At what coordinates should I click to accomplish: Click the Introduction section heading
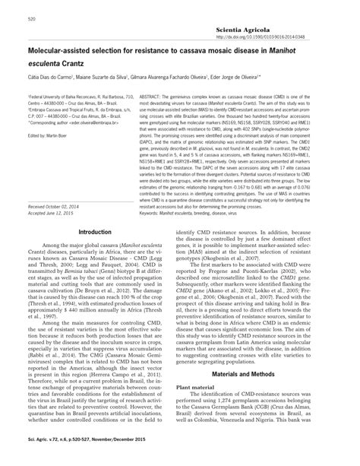[100, 232]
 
